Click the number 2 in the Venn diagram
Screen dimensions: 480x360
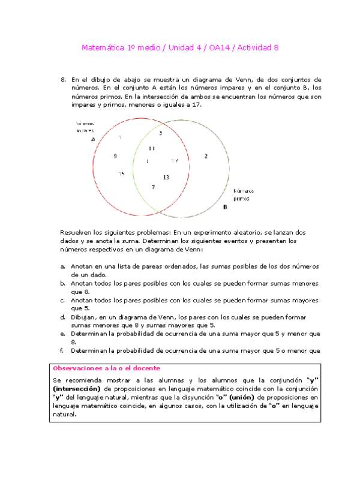206,156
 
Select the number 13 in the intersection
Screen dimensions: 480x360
166,177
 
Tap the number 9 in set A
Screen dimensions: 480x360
115,156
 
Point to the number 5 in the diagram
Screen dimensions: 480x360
161,133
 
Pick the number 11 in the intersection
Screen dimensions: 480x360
152,148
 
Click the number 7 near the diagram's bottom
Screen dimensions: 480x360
154,187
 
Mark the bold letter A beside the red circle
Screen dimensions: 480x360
93,139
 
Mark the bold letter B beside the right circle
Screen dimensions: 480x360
225,207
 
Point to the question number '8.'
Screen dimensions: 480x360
64,79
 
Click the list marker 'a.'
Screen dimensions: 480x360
63,266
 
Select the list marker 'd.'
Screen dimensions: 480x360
63,317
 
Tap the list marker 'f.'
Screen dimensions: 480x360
62,350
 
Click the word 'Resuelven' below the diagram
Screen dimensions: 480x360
75,232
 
